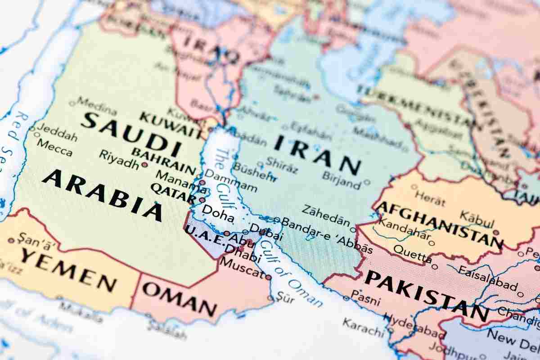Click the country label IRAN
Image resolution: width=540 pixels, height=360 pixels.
pos(318,155)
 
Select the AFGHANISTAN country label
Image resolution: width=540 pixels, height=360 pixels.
pos(439,225)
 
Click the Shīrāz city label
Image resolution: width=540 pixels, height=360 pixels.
pos(282,165)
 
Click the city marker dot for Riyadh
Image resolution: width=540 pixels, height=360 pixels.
pos(144,165)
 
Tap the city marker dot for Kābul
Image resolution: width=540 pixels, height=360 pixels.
pos(496,233)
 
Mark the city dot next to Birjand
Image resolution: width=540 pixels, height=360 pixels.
pos(367,182)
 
